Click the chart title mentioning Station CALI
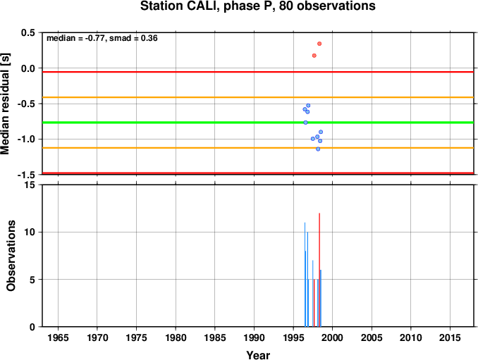(257, 6)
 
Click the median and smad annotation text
(102, 38)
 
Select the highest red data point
(319, 44)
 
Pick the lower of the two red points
(314, 56)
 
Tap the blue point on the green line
(305, 123)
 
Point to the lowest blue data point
(318, 149)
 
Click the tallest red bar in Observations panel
(319, 270)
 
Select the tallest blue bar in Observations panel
(305, 275)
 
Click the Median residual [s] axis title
(5, 104)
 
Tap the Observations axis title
(11, 256)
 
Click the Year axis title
(258, 355)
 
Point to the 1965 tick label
(58, 337)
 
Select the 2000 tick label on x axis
(332, 337)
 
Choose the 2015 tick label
(450, 337)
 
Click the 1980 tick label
(176, 337)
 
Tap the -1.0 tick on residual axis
(27, 139)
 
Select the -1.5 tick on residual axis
(27, 175)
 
